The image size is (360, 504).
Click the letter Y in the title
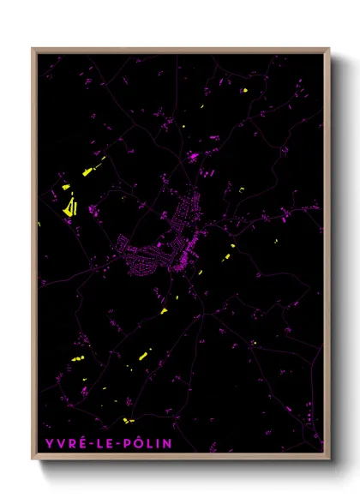coord(45,443)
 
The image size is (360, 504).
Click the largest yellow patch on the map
coord(70,206)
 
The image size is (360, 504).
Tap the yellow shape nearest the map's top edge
coord(244,91)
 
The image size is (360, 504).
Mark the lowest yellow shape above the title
coord(127,419)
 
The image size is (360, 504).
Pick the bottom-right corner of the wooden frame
coord(329,459)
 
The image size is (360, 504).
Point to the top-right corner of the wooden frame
coord(329,49)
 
